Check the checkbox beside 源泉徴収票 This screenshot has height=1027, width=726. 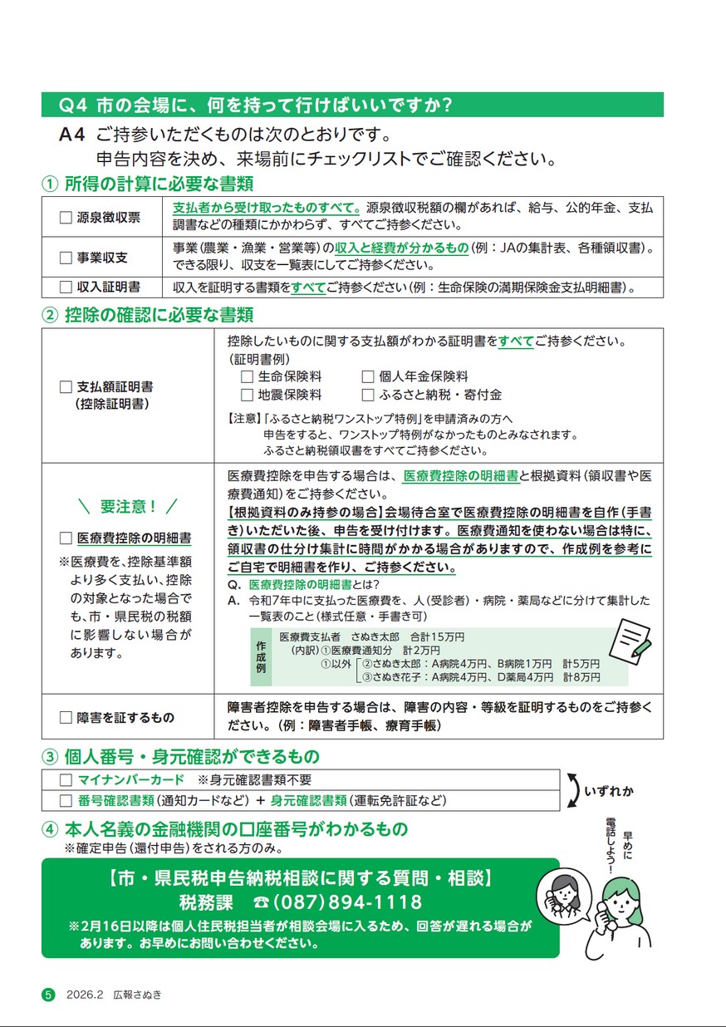[66, 218]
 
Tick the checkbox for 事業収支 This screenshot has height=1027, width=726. [66, 258]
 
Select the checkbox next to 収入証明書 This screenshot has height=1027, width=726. [66, 287]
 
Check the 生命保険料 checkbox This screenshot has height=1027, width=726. [247, 376]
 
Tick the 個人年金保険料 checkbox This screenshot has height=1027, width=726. [368, 376]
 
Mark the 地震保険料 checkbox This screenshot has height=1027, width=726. [247, 395]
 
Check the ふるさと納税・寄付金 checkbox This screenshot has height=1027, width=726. [368, 395]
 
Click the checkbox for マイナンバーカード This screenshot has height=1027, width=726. [66, 780]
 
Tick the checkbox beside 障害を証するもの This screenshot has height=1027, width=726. [66, 717]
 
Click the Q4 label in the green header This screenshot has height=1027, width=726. [75, 106]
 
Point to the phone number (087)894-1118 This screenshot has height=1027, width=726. [347, 902]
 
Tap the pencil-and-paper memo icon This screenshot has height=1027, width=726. [631, 638]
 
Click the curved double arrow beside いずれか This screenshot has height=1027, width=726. [572, 790]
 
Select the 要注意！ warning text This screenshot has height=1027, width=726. [127, 506]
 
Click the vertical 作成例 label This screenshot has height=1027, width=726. [261, 656]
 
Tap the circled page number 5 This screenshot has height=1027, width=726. [48, 995]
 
